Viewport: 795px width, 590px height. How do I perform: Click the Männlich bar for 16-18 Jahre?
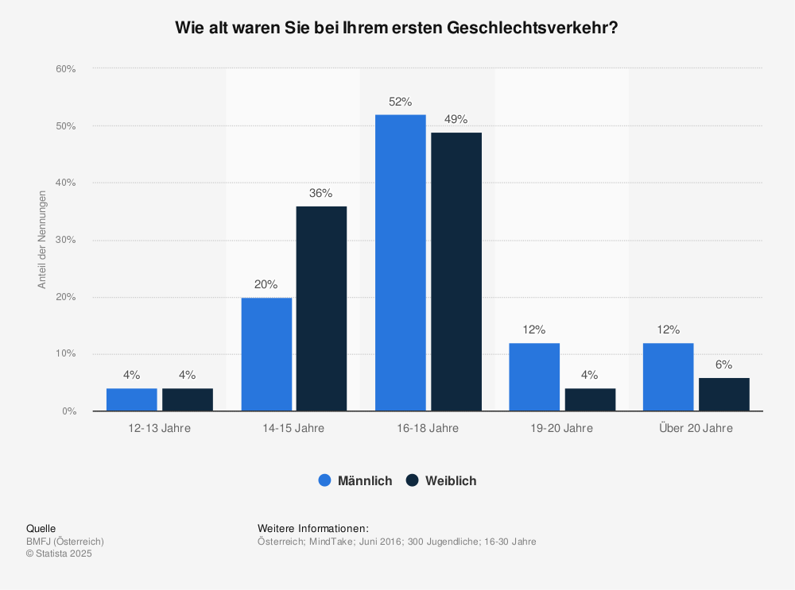pos(401,263)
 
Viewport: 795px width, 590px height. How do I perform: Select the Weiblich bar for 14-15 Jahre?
pos(321,309)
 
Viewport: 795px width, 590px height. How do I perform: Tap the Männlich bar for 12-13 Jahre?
pos(131,399)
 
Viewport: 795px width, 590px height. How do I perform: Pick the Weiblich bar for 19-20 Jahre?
pos(590,399)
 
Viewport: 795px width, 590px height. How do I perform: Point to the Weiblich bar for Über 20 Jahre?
pos(723,395)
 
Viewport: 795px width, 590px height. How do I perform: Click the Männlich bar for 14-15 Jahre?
pos(266,354)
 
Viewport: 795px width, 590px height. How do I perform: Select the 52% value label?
pos(401,102)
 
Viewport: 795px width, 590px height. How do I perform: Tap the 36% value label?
pos(321,193)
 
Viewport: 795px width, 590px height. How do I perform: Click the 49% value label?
pos(456,119)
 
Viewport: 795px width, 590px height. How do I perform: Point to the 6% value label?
pos(723,364)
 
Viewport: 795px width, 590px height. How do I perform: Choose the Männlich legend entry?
pos(355,480)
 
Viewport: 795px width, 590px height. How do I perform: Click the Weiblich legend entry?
pos(441,480)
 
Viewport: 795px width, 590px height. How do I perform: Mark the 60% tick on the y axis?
pos(66,69)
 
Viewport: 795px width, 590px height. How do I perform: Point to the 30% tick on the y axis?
pos(66,240)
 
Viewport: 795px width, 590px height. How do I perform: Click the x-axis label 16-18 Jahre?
pos(428,428)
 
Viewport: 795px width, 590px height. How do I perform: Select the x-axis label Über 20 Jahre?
pos(696,428)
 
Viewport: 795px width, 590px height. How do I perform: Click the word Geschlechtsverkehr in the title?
pos(532,27)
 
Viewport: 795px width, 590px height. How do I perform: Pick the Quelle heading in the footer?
pos(41,529)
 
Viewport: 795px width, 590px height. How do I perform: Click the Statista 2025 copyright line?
pos(59,554)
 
